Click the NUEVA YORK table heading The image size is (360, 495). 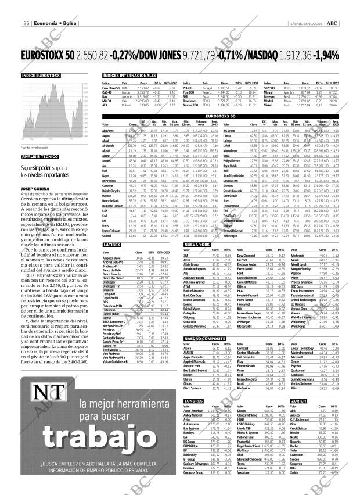click(196, 245)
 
